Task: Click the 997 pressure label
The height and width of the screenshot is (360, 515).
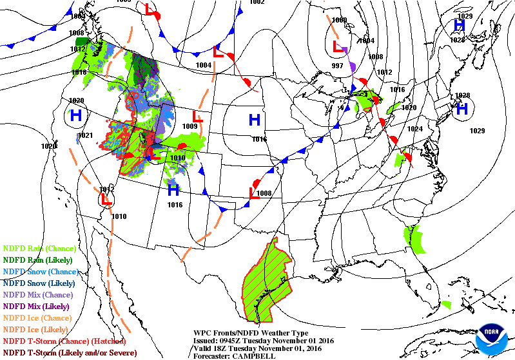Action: (x=337, y=66)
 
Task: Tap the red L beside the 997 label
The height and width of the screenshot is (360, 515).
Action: (x=337, y=46)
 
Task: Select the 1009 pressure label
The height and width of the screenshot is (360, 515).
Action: (x=189, y=127)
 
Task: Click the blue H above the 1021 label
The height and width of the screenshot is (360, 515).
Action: (x=76, y=116)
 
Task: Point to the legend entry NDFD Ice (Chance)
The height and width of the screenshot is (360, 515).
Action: (x=39, y=317)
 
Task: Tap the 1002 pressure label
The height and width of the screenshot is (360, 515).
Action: (x=257, y=3)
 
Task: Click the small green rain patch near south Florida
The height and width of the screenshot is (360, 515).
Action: (x=446, y=304)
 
